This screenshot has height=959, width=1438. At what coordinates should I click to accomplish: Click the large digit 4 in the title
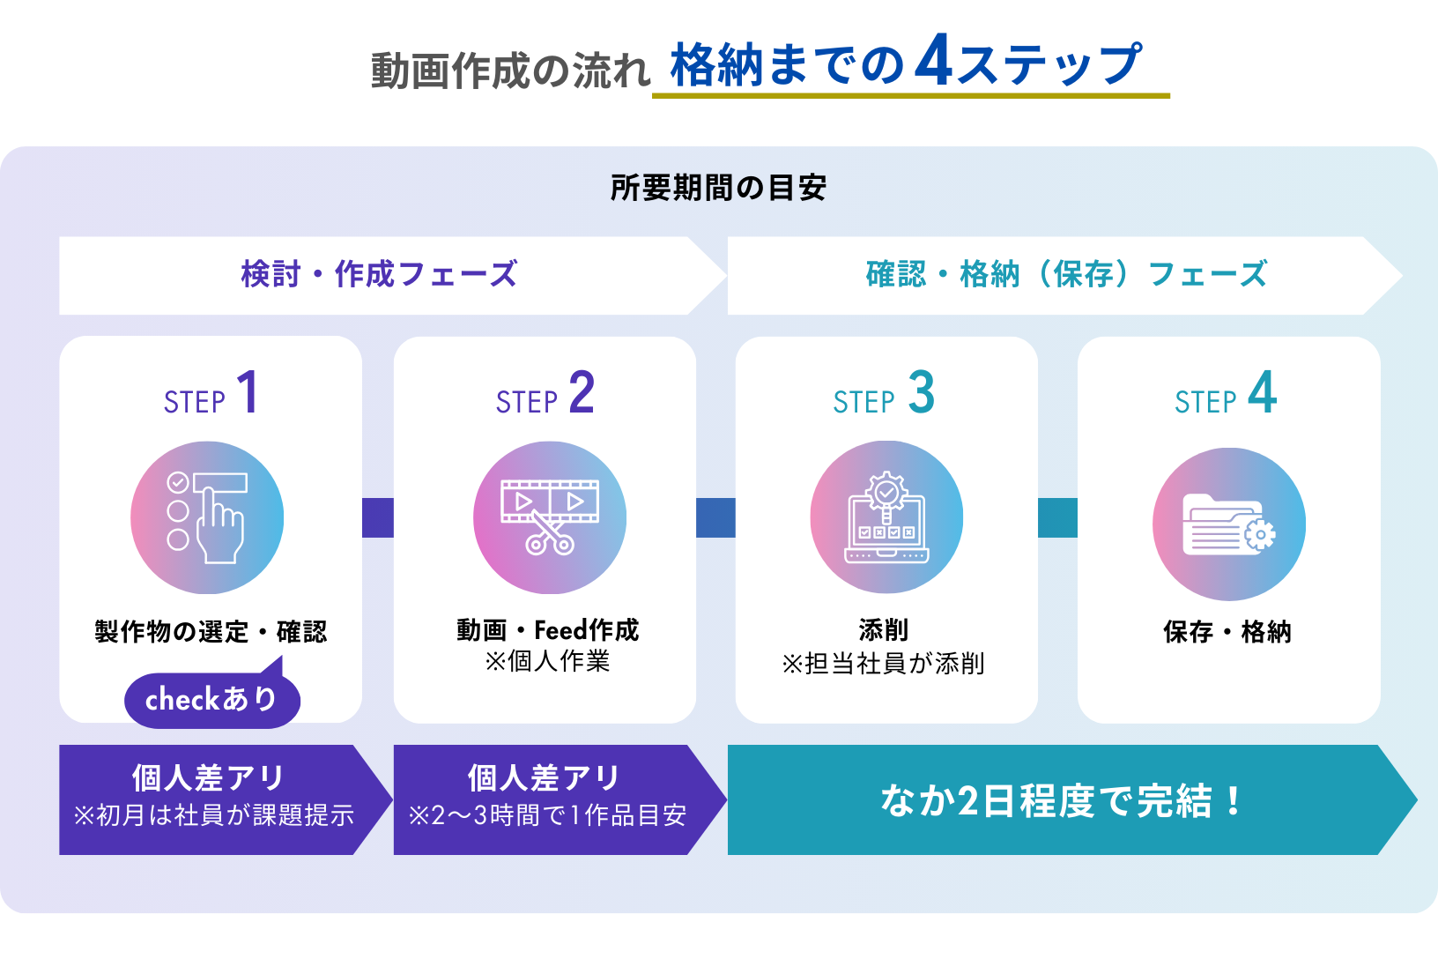point(933,62)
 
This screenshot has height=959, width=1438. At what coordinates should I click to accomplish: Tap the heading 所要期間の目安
point(718,188)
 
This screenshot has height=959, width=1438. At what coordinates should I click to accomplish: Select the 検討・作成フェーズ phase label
point(379,274)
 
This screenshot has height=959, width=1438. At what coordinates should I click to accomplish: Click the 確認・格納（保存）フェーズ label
point(1066,274)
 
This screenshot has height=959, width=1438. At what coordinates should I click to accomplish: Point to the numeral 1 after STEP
point(248,392)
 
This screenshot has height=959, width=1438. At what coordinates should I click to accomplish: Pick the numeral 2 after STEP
point(582,392)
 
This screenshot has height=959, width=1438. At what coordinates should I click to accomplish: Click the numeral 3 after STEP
point(921,392)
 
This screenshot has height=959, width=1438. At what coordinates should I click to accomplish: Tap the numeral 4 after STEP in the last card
point(1262,392)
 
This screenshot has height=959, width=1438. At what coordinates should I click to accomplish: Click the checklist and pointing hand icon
point(207,517)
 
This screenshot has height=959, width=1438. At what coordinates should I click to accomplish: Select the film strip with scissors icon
point(550,517)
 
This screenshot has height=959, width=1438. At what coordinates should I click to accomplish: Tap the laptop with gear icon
point(886,517)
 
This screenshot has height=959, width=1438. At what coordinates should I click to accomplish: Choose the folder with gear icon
point(1229,524)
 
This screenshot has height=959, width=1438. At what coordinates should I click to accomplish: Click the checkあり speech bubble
point(211,700)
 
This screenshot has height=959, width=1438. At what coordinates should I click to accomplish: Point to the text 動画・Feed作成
point(547,630)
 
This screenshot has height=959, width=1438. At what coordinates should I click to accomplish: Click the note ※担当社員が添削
point(883,663)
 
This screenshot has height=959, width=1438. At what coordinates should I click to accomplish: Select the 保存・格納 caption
point(1227,632)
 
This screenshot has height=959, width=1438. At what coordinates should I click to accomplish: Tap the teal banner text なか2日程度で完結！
point(1062,800)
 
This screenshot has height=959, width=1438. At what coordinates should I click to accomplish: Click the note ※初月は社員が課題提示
point(213,815)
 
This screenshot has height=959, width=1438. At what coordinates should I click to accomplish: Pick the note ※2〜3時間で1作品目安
point(547,815)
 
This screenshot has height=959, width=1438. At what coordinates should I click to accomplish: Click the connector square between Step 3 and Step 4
point(1057,517)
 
